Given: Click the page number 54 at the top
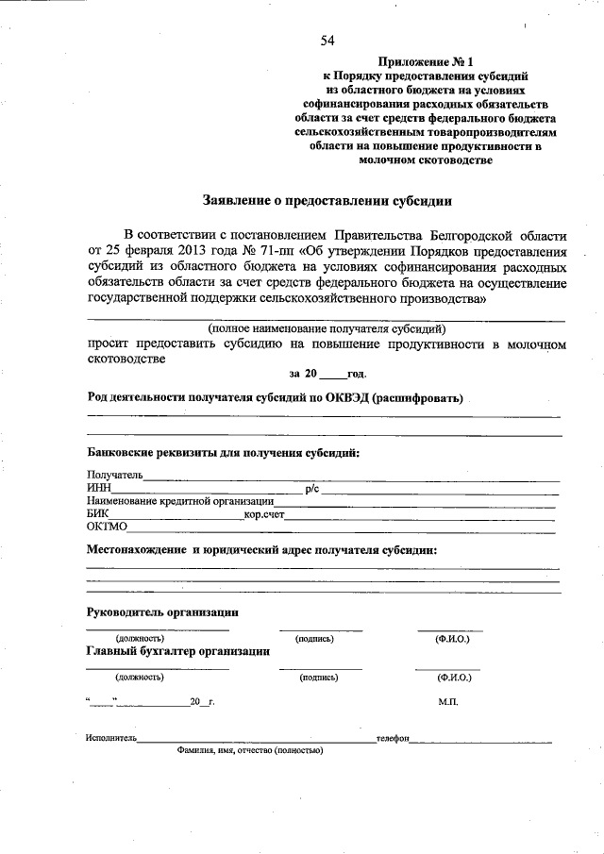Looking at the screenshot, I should (327, 40).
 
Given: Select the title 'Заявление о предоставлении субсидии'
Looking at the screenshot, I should (327, 200).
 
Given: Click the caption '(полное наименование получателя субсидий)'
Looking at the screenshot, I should (327, 329).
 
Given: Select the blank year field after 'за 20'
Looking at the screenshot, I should (334, 375).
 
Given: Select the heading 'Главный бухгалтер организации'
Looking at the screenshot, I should (178, 651).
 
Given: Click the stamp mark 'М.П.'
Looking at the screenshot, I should (448, 703).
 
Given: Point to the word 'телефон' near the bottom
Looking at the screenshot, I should (392, 738).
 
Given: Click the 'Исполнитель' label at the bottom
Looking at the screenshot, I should (111, 738).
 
